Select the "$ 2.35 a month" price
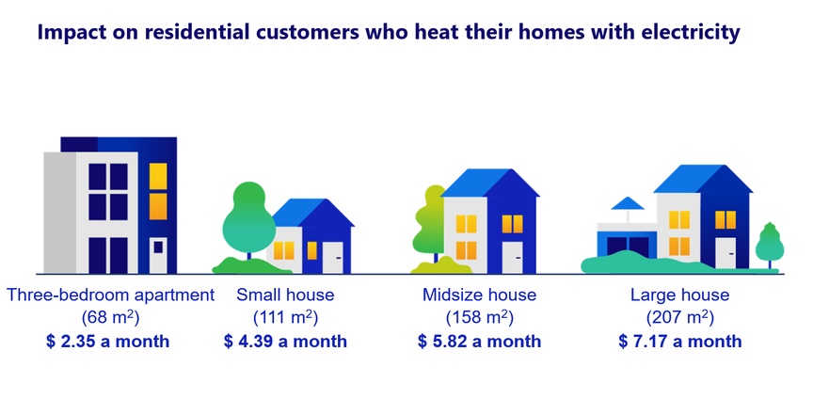(107, 342)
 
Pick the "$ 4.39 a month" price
(285, 342)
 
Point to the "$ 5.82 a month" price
(479, 342)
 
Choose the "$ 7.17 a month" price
(679, 342)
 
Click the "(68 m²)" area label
(110, 317)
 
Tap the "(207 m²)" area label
(679, 317)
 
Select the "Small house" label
(285, 295)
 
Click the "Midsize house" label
(479, 295)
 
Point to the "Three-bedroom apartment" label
(110, 295)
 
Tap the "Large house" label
(679, 295)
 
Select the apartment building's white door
(158, 255)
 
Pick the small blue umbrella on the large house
(628, 204)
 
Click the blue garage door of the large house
(628, 247)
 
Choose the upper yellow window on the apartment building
(158, 176)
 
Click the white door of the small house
(333, 258)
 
